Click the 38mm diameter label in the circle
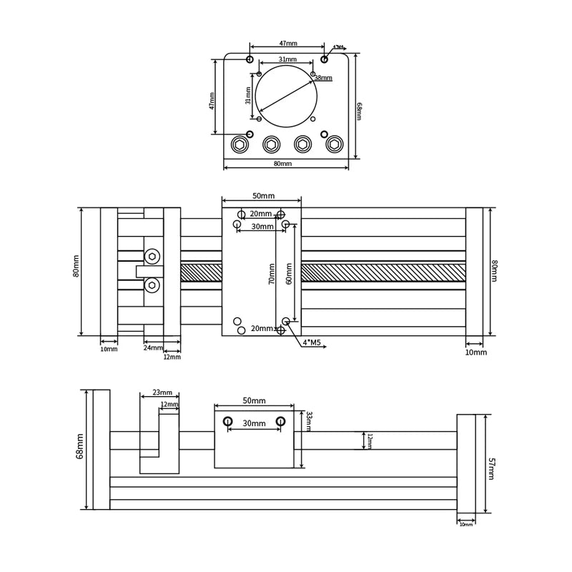pyautogui.click(x=323, y=78)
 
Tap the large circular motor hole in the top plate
pyautogui.click(x=286, y=97)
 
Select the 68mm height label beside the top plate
pyautogui.click(x=359, y=111)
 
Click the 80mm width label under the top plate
pyautogui.click(x=282, y=164)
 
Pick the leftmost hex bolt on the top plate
pyautogui.click(x=240, y=144)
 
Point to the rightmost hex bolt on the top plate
pyautogui.click(x=334, y=144)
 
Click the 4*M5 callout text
pyautogui.click(x=312, y=342)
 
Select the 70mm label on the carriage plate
pyautogui.click(x=272, y=274)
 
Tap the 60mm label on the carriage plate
pyautogui.click(x=289, y=274)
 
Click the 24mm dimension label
pyautogui.click(x=152, y=348)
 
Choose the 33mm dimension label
pyautogui.click(x=309, y=421)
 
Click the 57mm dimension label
pyautogui.click(x=491, y=468)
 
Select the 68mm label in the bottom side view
pyautogui.click(x=80, y=445)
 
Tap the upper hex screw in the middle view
pyautogui.click(x=152, y=256)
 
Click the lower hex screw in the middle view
pyautogui.click(x=152, y=285)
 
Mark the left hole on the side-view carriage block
pyautogui.click(x=228, y=421)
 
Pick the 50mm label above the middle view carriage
pyautogui.click(x=263, y=196)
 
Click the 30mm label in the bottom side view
pyautogui.click(x=254, y=423)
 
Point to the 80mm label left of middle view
pyautogui.click(x=76, y=266)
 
